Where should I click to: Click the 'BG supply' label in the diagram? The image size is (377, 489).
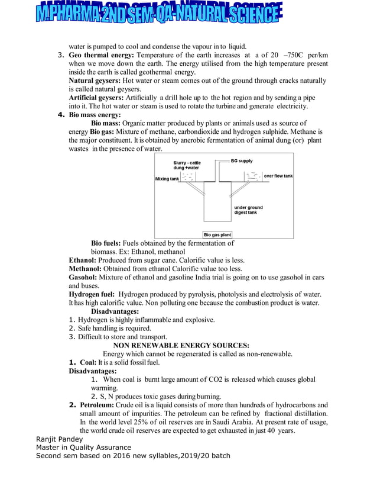(241, 160)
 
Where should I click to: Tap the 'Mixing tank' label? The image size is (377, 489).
(167, 178)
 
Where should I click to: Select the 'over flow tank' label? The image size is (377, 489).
(278, 176)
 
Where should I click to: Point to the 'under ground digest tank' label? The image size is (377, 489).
(248, 210)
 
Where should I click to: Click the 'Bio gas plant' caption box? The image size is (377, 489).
(217, 234)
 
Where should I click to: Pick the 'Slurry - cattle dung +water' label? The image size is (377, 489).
(187, 165)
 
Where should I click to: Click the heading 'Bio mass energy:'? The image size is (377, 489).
(95, 114)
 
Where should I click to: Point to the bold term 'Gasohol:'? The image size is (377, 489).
(83, 277)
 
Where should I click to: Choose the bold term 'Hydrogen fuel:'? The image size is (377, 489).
(92, 294)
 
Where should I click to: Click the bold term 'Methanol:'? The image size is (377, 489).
(86, 268)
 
